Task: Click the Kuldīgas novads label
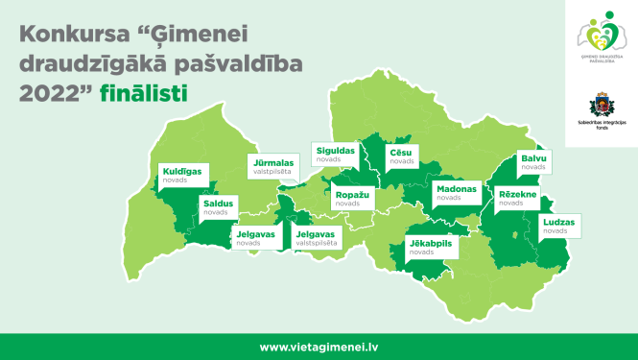181,176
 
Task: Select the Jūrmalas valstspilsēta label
272,167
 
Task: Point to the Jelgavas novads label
255,237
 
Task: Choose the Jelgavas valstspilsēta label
318,237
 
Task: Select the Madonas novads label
455,193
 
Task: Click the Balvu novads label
532,161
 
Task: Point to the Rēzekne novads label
518,198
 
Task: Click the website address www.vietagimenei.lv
319,347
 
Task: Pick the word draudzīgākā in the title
82,65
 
